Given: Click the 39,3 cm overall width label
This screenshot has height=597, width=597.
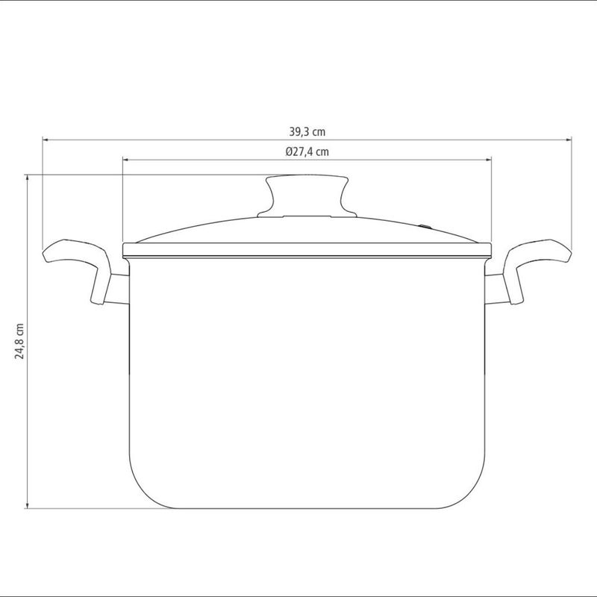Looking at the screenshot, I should pos(307,131).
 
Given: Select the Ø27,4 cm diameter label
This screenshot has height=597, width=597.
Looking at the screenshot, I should pos(307,151).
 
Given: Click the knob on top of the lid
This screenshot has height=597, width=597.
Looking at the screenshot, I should pos(307,193).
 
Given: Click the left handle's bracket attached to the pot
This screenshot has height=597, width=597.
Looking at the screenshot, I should pos(117,290).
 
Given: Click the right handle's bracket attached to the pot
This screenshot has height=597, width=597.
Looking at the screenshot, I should pos(496,290).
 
